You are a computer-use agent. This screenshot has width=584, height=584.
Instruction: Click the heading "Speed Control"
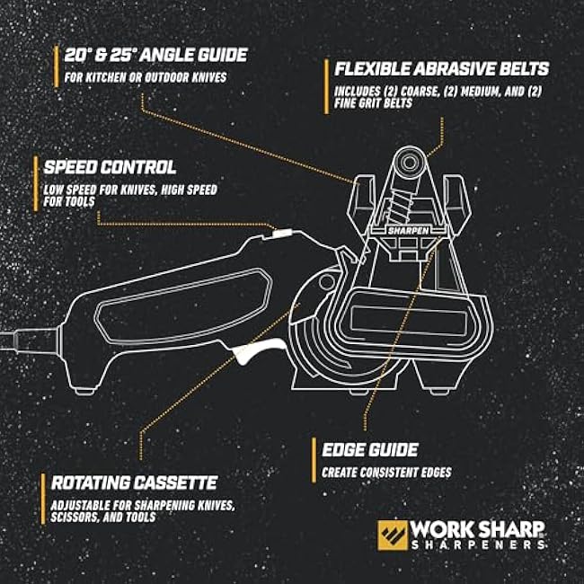[110, 167]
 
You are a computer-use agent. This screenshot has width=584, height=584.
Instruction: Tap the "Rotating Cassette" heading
[134, 482]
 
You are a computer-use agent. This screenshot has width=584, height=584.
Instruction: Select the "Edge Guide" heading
[370, 449]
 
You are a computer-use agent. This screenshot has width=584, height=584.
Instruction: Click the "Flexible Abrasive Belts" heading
[442, 68]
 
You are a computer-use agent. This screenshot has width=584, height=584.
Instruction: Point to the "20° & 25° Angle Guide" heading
[155, 55]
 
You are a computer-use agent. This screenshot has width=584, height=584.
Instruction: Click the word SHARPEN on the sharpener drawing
[409, 231]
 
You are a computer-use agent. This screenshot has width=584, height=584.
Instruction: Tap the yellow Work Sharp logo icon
[393, 535]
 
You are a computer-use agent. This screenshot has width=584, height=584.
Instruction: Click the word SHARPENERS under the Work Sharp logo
[478, 544]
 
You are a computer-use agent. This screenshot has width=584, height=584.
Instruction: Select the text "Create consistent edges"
[386, 473]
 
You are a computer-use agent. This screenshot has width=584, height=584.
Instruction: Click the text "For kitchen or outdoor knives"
[146, 77]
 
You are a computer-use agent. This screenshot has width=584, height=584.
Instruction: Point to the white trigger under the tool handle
[257, 350]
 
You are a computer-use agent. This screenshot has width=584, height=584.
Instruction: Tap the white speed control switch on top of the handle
[282, 234]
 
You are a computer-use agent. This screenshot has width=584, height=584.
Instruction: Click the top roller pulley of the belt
[410, 162]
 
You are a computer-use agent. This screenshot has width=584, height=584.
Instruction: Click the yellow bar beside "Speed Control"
[36, 183]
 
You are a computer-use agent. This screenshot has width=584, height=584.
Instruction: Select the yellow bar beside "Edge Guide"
[314, 460]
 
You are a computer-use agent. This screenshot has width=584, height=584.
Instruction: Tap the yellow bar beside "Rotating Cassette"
[43, 499]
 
